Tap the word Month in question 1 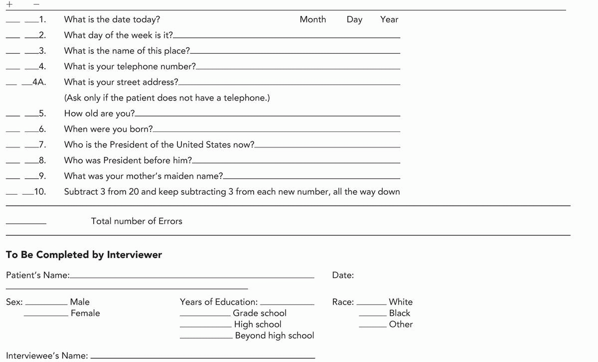pos(313,19)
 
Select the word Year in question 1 pos(389,19)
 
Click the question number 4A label pos(39,82)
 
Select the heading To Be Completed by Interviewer pos(84,255)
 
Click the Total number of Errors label pos(137,221)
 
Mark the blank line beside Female pos(46,316)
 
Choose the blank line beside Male pos(46,304)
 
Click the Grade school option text pos(260,313)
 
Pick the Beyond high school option pos(275,336)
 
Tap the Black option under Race pos(400,313)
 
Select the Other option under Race pos(401,325)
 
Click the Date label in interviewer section pos(343,275)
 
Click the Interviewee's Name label pos(47,356)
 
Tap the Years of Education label pos(219,302)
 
